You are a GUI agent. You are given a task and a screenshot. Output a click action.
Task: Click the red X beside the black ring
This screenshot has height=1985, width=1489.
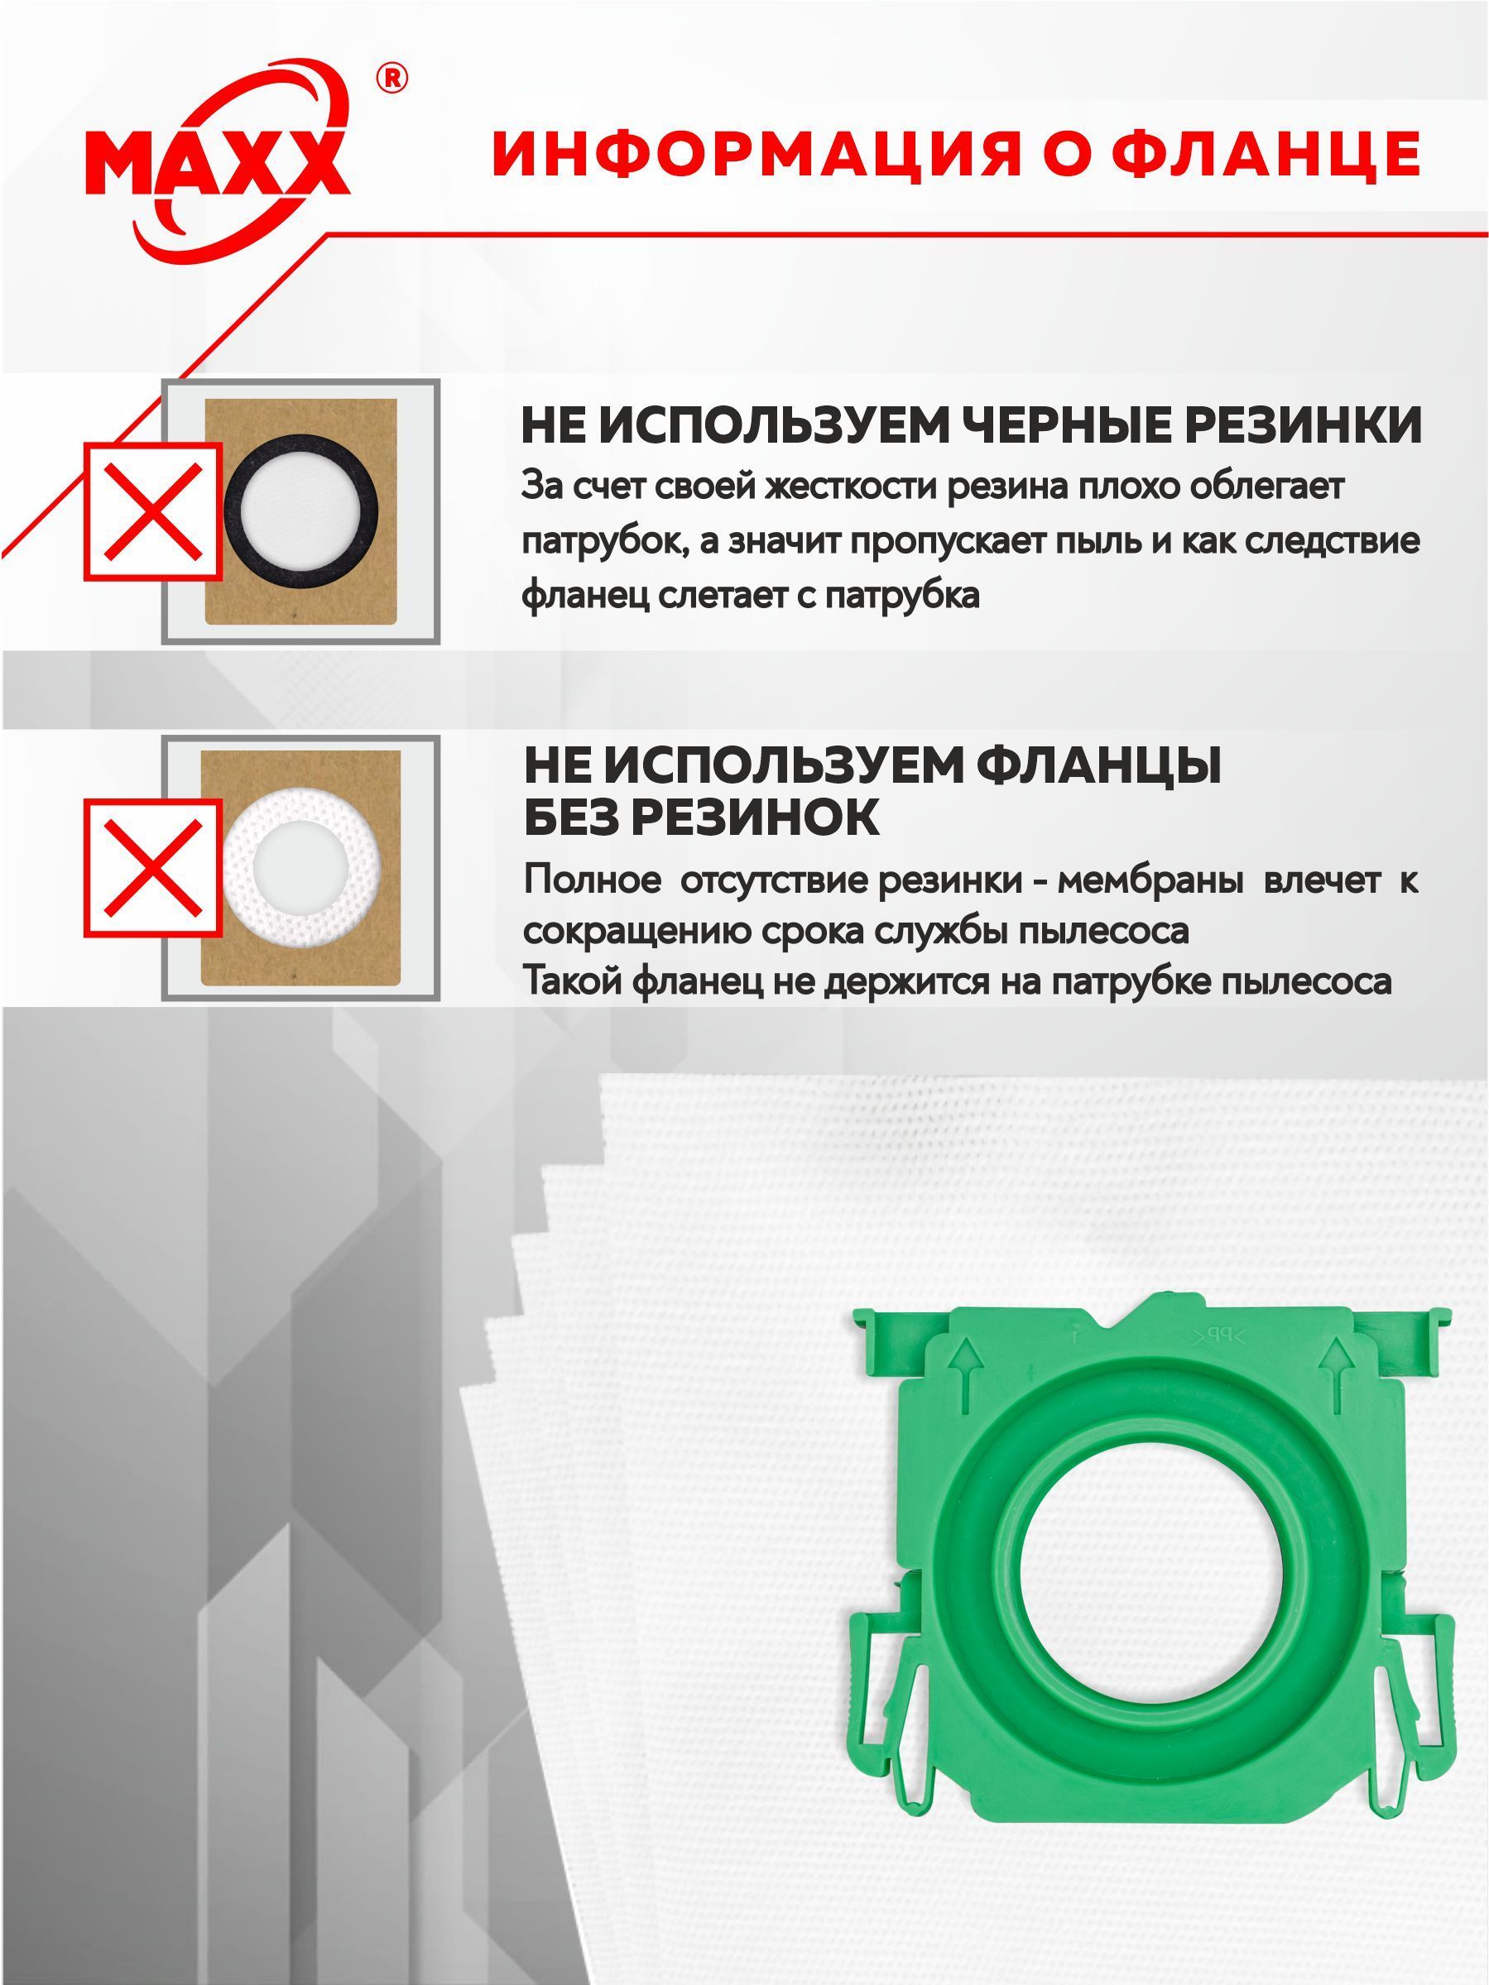tap(151, 511)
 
